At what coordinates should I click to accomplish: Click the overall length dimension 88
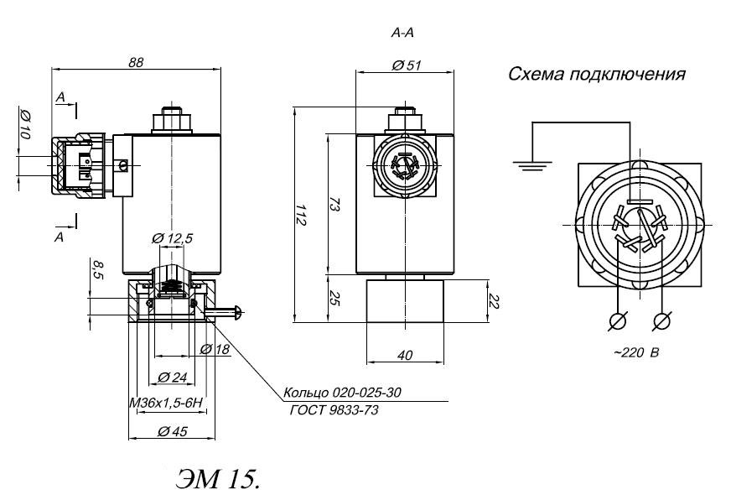click(134, 61)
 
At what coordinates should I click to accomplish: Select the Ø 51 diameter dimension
click(406, 65)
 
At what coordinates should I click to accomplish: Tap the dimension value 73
click(332, 206)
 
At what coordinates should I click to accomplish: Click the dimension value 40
click(404, 356)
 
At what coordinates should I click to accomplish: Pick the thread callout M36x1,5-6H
click(167, 403)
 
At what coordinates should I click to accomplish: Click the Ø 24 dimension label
click(173, 375)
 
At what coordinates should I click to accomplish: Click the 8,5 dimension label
click(97, 271)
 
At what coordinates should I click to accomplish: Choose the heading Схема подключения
click(597, 75)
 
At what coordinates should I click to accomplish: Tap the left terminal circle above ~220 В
click(619, 320)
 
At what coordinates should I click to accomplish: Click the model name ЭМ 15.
click(219, 477)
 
